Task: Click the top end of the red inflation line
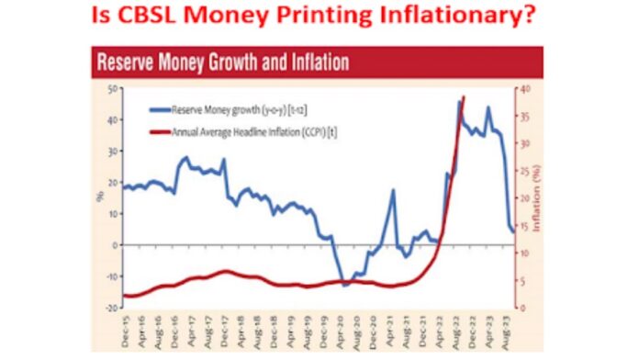pyautogui.click(x=465, y=96)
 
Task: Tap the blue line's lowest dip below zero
pyautogui.click(x=345, y=285)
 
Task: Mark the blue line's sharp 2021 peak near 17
pyautogui.click(x=393, y=191)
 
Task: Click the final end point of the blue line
pyautogui.click(x=514, y=231)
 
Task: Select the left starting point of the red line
pyautogui.click(x=124, y=296)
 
